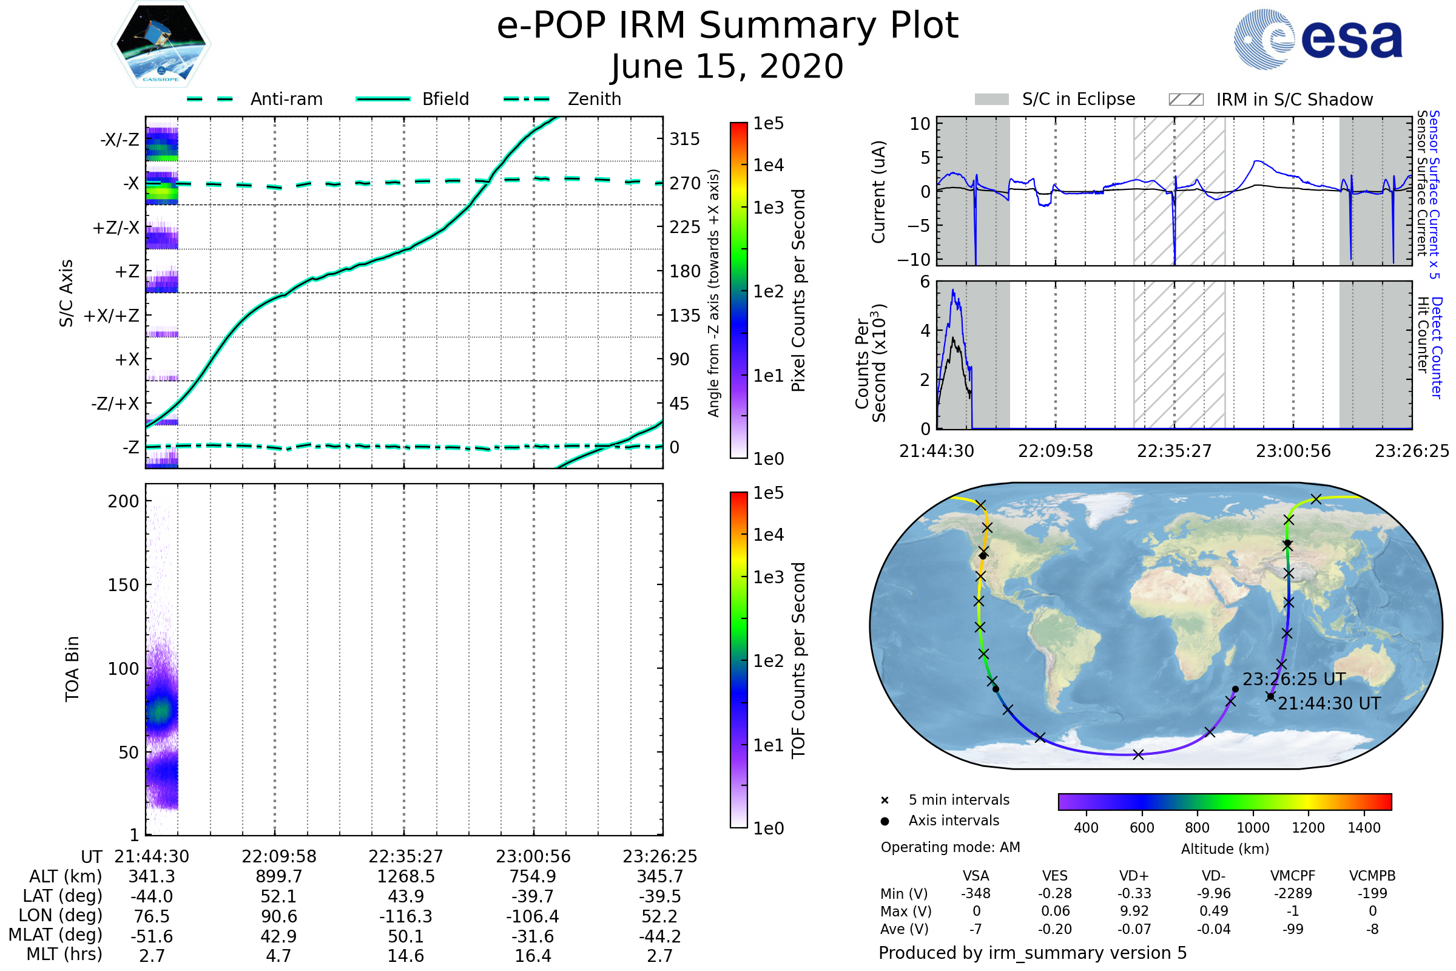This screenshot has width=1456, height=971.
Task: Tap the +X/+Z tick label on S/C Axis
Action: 112,316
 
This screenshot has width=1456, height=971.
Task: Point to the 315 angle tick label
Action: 684,139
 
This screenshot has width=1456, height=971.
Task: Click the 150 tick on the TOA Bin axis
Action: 123,585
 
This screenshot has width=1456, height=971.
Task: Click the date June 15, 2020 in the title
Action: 727,66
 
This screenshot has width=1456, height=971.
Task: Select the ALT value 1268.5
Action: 405,877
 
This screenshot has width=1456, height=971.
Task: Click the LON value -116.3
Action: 405,916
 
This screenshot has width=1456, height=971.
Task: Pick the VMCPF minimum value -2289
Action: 1293,893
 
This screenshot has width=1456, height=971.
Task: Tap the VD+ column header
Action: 1134,876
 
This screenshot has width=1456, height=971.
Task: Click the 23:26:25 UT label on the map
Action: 1294,679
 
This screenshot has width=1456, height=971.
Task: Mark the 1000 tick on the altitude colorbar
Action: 1253,828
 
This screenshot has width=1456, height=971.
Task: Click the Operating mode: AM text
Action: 950,847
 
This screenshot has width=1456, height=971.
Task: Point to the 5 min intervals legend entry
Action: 959,800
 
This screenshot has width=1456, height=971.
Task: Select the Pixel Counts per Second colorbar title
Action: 798,291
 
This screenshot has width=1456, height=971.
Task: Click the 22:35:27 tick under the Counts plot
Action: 1174,452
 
